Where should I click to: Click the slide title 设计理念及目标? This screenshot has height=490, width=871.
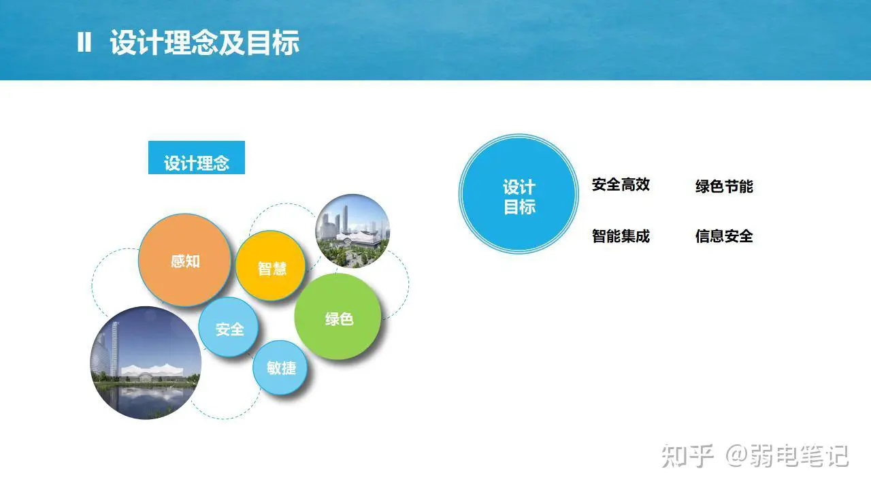click(x=205, y=42)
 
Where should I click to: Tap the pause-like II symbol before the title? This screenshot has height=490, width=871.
click(x=84, y=42)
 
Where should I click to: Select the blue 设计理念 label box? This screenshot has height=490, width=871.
click(x=197, y=157)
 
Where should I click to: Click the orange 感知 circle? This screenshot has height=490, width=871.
click(x=184, y=260)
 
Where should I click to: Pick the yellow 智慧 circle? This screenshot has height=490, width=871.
click(x=271, y=266)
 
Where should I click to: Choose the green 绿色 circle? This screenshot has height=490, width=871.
click(x=338, y=316)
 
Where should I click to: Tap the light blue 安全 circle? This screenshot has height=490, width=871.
click(x=228, y=327)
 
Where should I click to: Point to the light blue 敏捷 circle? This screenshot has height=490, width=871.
click(x=280, y=367)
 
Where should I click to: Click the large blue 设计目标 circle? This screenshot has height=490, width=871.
click(x=519, y=194)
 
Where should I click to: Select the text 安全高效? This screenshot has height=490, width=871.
click(x=621, y=184)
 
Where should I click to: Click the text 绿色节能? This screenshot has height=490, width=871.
click(x=724, y=186)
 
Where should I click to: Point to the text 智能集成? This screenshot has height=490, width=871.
click(x=621, y=236)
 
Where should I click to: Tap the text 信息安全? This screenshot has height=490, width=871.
click(x=724, y=236)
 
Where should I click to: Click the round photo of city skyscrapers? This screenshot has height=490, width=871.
click(x=352, y=231)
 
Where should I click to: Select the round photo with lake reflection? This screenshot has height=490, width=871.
click(x=146, y=363)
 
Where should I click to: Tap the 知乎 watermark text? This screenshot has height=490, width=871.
click(x=687, y=456)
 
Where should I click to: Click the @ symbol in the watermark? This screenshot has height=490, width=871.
click(x=737, y=456)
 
